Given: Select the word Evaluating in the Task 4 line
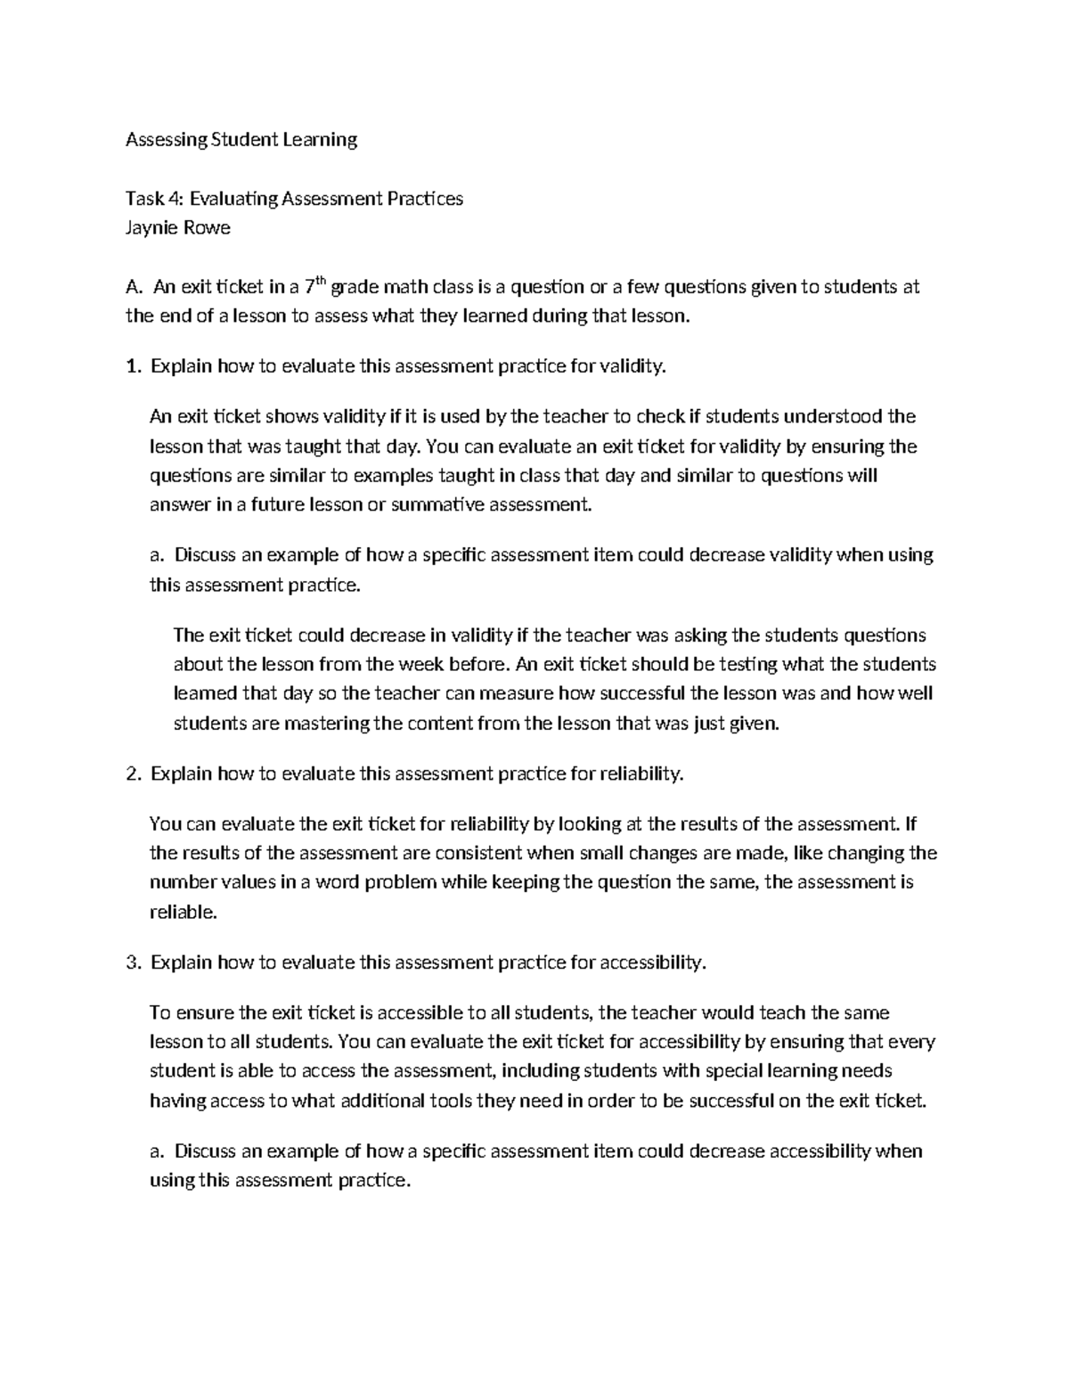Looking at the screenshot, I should click(x=234, y=199).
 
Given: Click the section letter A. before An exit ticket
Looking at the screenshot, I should click(x=134, y=288).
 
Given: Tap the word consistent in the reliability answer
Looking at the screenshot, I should click(x=477, y=853).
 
